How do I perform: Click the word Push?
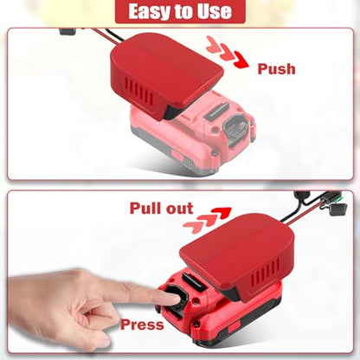tap(276, 69)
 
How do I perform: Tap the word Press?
tap(142, 325)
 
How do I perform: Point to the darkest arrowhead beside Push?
tap(241, 60)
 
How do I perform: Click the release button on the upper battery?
tap(235, 128)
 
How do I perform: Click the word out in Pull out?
tap(179, 209)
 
